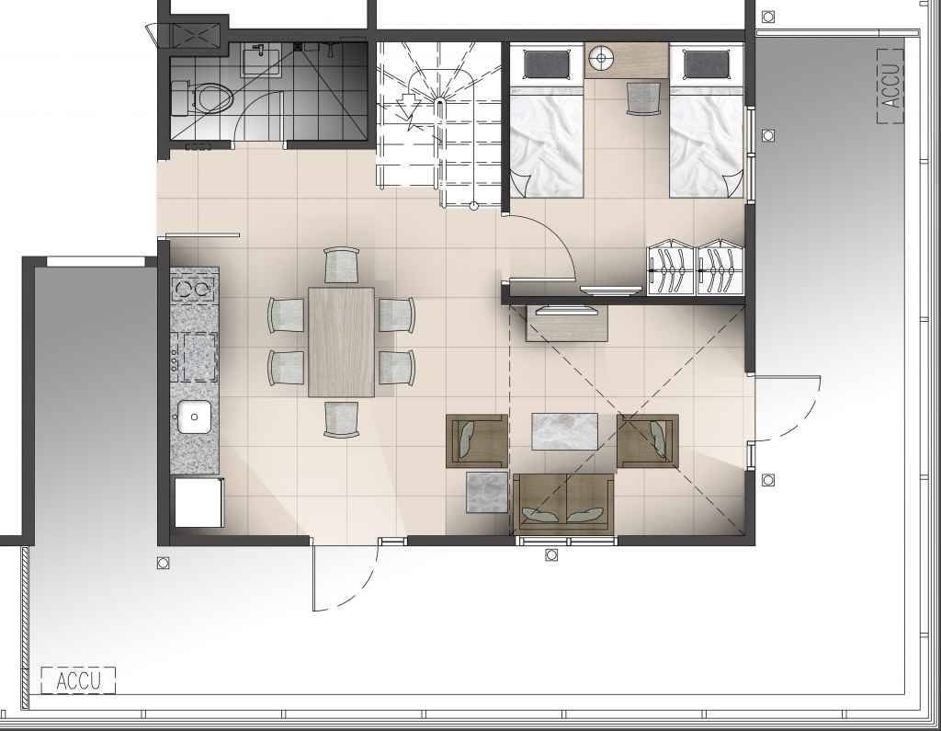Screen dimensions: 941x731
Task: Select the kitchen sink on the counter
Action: [194, 417]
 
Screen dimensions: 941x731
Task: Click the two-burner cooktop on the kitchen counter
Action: [193, 289]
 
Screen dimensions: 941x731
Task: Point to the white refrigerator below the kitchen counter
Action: [198, 502]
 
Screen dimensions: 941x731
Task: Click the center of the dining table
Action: [341, 342]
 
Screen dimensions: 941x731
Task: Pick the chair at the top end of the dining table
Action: [342, 265]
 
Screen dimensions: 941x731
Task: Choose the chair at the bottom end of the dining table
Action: [342, 419]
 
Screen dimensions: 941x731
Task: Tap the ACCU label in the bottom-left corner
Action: [78, 680]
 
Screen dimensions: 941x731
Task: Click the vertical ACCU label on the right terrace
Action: [890, 86]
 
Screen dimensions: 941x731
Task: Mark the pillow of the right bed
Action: [706, 64]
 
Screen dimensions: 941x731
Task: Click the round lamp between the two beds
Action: [600, 59]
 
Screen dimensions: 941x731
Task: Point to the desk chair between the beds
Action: [643, 97]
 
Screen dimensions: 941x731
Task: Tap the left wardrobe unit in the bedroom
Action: [670, 268]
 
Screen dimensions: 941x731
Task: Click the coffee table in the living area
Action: [564, 430]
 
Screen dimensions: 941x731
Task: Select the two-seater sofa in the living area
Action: [563, 504]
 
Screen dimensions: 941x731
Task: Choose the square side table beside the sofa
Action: [487, 492]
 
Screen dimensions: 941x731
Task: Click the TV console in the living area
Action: [566, 323]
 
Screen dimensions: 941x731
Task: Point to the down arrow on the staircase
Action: [407, 106]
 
